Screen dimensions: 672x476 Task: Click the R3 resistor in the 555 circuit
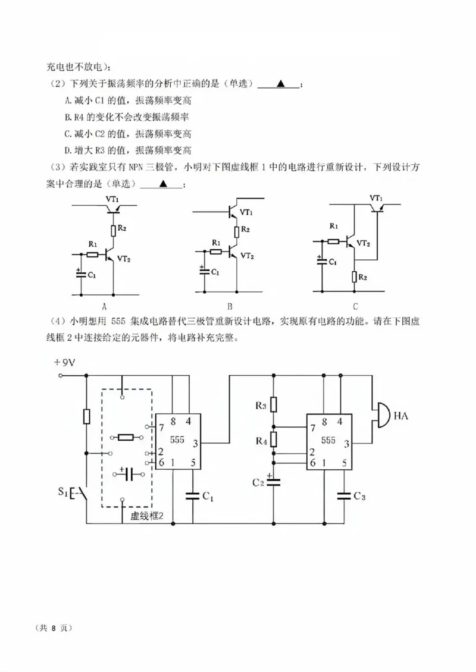(x=274, y=405)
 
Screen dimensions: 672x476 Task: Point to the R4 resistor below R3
(x=274, y=440)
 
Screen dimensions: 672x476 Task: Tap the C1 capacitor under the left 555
(x=192, y=495)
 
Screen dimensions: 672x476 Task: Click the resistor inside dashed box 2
(x=126, y=438)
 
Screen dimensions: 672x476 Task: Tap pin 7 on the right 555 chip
(x=312, y=428)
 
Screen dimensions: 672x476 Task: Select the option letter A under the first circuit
(x=104, y=307)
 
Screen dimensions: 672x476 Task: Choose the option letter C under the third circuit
(x=355, y=307)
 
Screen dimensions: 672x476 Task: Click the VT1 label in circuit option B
(x=246, y=212)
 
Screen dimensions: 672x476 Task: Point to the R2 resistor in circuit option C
(x=355, y=277)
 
